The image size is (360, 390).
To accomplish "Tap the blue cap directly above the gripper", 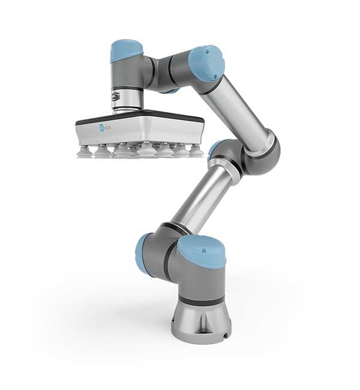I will click(x=125, y=50).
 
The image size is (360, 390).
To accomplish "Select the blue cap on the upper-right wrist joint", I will click(x=206, y=63).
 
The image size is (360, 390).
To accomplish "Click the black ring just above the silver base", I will click(x=198, y=301).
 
